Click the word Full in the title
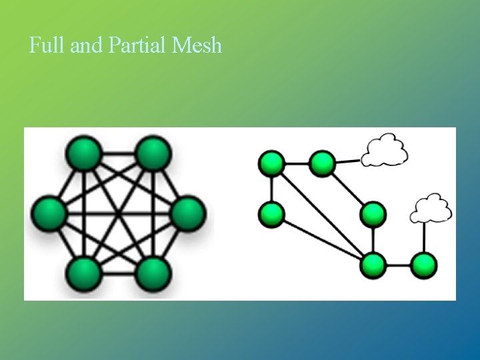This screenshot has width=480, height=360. coord(45,46)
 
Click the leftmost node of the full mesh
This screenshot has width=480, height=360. coord(48,213)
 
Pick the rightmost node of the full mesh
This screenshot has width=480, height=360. coord(188,213)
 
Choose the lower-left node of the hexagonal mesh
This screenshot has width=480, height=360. coord(84,273)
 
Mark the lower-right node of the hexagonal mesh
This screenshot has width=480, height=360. coord(153,273)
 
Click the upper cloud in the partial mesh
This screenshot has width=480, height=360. coord(384,150)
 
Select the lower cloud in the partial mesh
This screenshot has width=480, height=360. coord(431,208)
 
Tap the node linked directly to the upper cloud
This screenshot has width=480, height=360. coord(322,163)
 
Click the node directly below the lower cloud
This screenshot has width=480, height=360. coord(423,265)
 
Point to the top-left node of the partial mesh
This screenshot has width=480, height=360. coord(272,163)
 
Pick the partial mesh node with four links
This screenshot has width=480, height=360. coord(373,265)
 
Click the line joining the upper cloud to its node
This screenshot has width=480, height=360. coord(347,161)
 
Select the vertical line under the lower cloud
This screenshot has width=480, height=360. coord(424,237)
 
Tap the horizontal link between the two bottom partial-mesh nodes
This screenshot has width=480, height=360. coord(398,265)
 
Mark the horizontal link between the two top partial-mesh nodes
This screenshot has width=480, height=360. coord(297,163)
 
